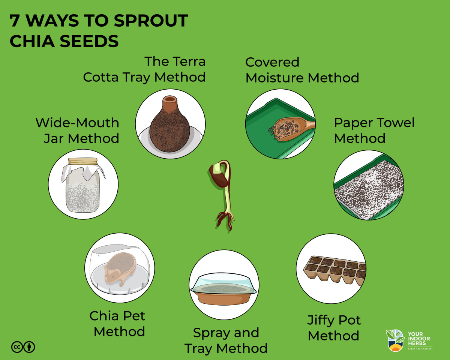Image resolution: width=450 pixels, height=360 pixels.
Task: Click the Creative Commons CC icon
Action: (x=17, y=347)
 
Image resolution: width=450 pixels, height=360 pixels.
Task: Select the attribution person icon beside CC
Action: (x=29, y=347)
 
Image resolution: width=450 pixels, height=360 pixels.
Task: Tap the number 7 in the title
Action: (x=14, y=21)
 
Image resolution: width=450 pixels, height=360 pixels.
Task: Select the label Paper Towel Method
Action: (x=374, y=130)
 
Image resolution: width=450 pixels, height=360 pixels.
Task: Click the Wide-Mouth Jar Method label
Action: (x=77, y=130)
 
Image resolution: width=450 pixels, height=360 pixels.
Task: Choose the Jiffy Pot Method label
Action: (x=334, y=328)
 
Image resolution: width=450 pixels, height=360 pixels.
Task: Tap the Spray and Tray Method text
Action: (x=226, y=340)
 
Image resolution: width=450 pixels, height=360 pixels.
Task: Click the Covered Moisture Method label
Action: (x=302, y=70)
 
